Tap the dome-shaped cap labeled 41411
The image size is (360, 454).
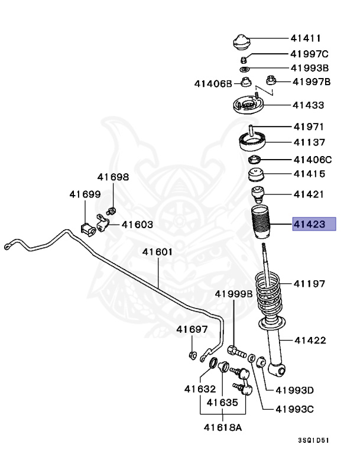point(241,43)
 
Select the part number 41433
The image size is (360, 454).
point(308,105)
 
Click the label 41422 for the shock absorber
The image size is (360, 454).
point(310,340)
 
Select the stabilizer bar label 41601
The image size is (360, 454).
point(157,252)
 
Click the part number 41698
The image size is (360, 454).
point(113,177)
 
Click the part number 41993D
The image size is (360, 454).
point(294,390)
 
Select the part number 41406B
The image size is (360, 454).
point(213,84)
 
